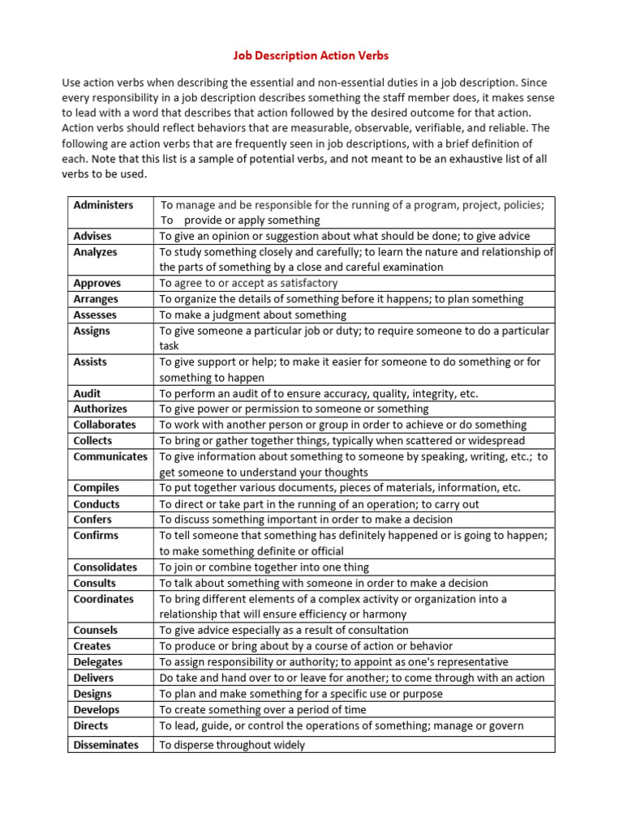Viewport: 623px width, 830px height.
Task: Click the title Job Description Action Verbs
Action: tap(311, 56)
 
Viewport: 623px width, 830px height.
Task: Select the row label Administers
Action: tap(103, 205)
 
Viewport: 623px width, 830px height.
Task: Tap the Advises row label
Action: tap(92, 236)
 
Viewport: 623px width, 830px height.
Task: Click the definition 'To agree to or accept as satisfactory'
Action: tap(248, 283)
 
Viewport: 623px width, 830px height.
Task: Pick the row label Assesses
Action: tap(95, 314)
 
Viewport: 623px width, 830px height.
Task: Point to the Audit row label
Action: tap(88, 393)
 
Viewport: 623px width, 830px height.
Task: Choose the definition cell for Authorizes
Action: tap(294, 409)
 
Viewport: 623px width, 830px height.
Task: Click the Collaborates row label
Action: tap(105, 425)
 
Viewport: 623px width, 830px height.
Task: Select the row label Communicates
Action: tap(110, 456)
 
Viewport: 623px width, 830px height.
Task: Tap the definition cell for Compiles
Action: tap(340, 488)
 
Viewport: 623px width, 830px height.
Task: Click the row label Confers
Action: tap(92, 520)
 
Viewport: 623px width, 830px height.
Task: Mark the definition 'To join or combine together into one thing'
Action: tap(264, 567)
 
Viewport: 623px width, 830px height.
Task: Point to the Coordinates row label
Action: tap(104, 599)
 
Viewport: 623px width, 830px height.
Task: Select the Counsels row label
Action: tap(96, 630)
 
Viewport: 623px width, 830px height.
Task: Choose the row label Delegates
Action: tap(97, 661)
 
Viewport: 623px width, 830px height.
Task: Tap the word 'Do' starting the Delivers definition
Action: tap(166, 678)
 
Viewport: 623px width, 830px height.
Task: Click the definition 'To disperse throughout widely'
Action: tap(232, 745)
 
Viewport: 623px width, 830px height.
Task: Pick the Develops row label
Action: tap(97, 710)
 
